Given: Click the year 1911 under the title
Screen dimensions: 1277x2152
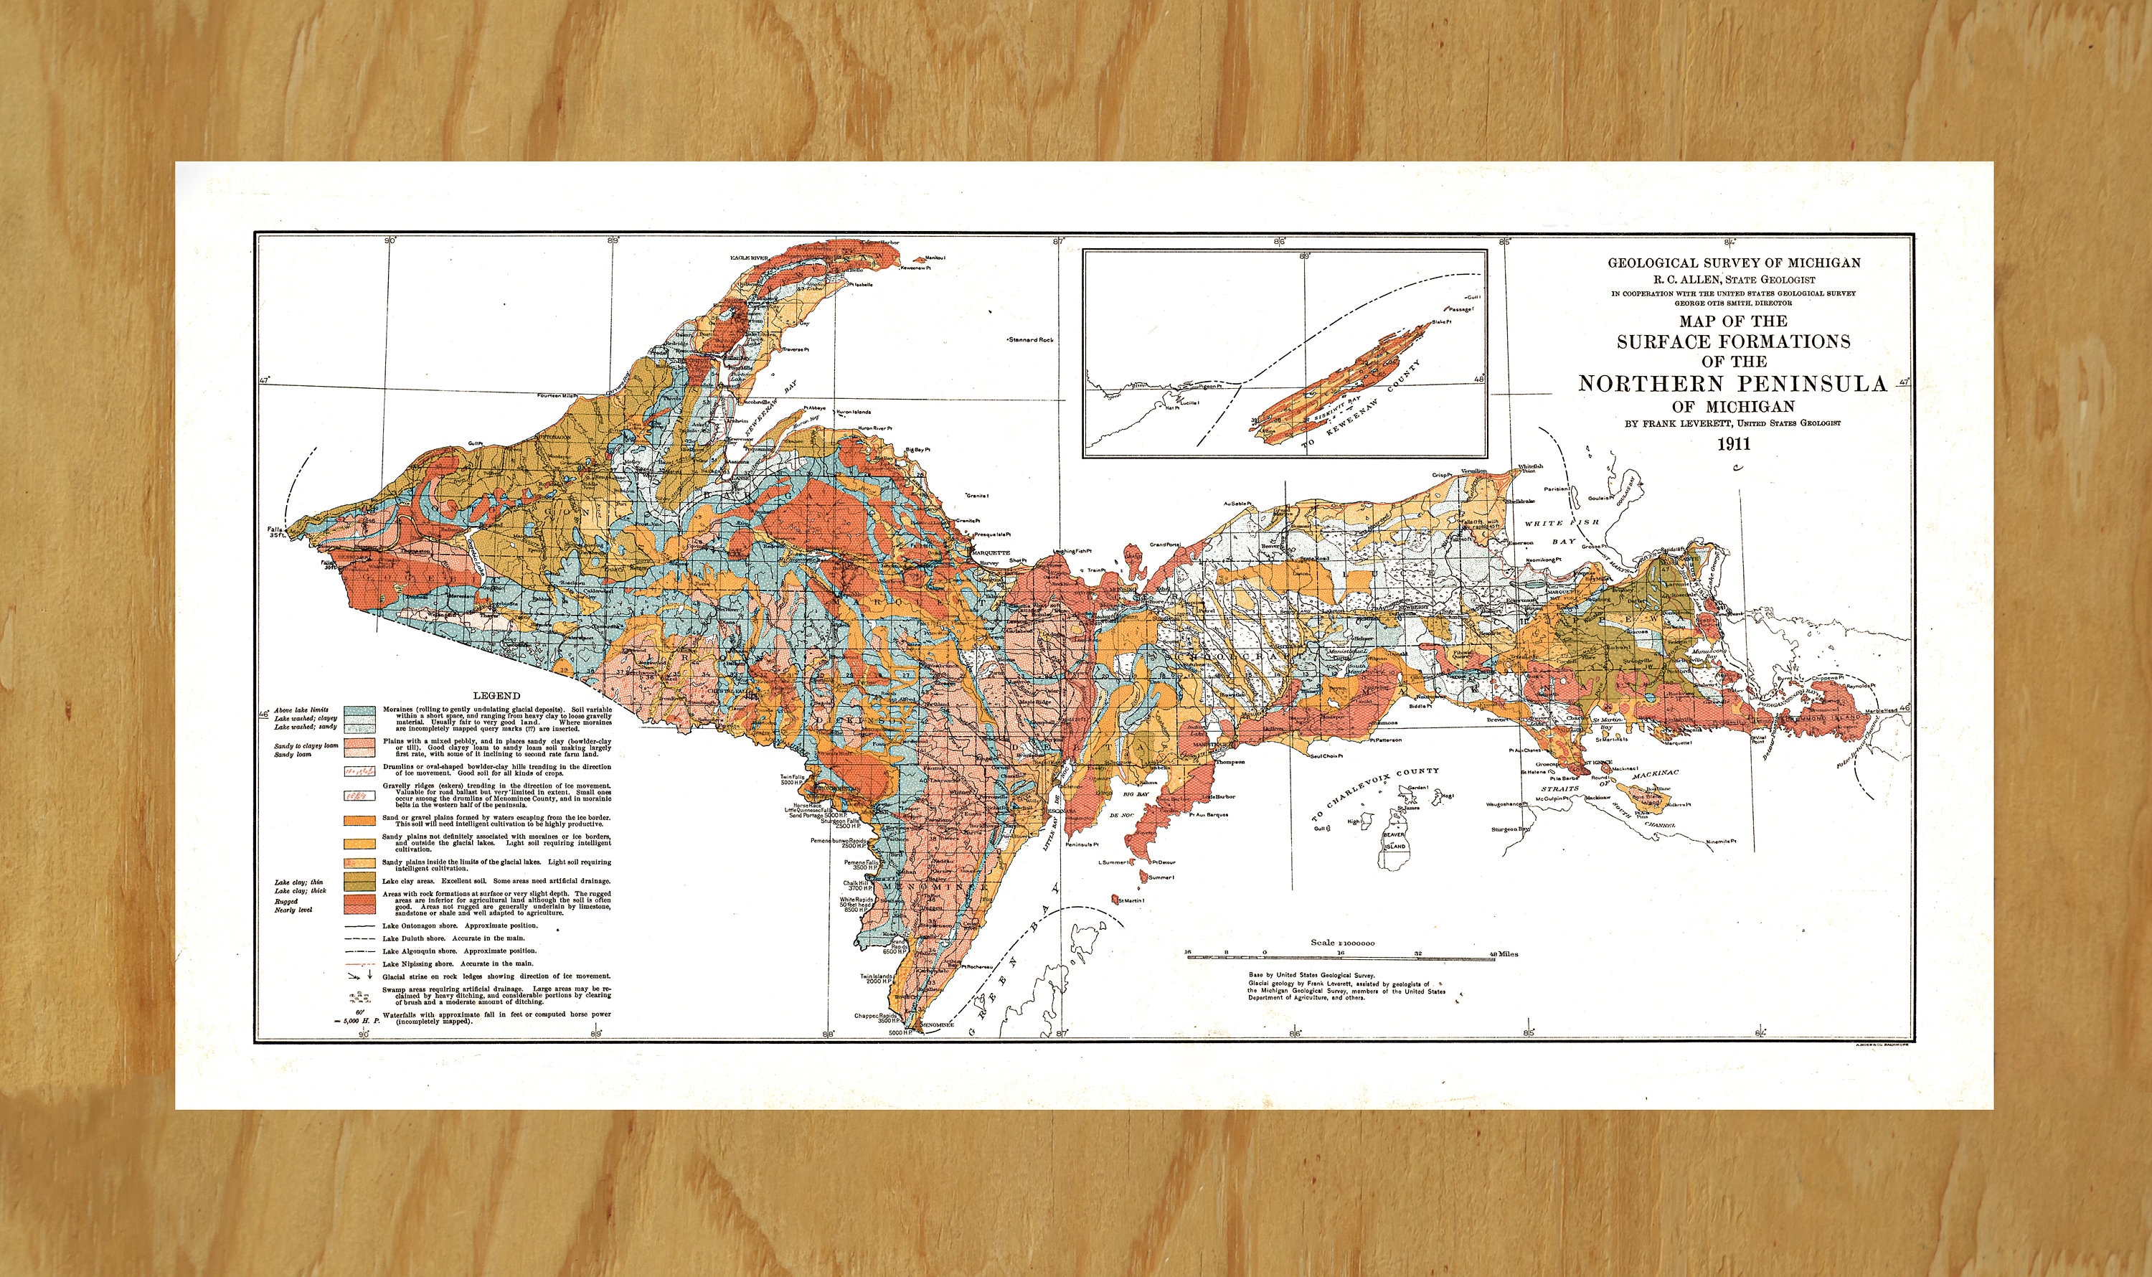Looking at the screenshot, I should click(x=1733, y=445).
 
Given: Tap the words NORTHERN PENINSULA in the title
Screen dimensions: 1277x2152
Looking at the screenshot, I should click(x=1732, y=384).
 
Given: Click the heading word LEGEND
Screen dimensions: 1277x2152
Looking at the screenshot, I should click(x=496, y=695).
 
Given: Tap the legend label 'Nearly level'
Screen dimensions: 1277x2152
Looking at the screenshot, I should click(x=293, y=910).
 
